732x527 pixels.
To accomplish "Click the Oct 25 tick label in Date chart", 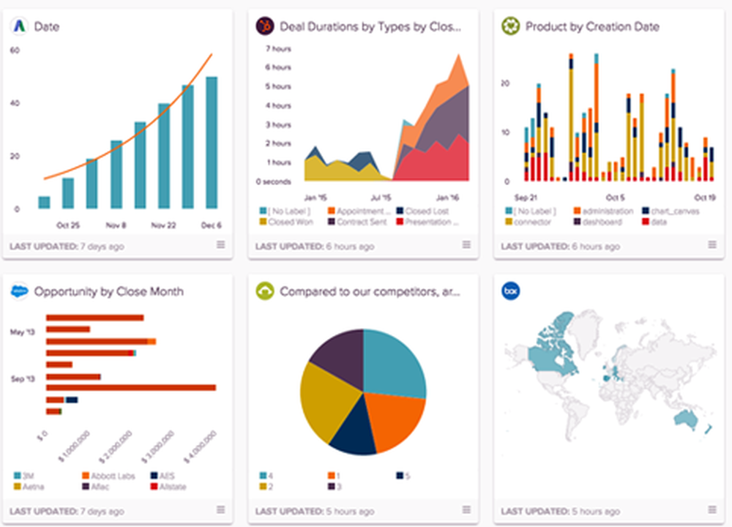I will tap(68, 225).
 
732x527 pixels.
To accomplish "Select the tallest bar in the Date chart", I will tap(212, 142).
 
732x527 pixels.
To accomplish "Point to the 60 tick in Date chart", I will tap(15, 50).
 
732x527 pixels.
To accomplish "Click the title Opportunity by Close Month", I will tap(108, 291).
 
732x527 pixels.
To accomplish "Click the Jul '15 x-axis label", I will tap(381, 198).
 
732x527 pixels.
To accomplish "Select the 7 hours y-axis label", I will tap(277, 49).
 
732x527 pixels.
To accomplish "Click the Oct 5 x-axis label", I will tap(615, 198).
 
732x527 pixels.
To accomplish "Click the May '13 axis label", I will tap(22, 332).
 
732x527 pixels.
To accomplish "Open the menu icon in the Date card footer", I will tap(220, 245).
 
